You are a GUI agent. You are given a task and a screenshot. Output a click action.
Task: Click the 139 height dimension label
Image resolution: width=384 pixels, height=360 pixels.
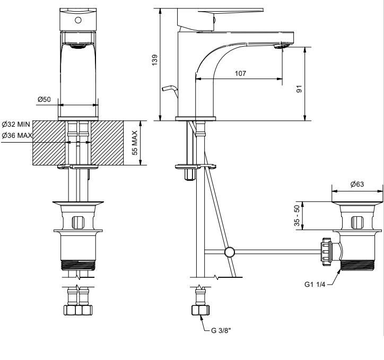[155, 60]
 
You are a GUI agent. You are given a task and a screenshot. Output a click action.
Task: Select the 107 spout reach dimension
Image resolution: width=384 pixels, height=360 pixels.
[240, 73]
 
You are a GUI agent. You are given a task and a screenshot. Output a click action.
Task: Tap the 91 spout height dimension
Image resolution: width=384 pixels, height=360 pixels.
[299, 89]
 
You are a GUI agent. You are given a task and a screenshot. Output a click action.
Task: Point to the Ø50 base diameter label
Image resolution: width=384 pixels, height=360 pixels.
[44, 99]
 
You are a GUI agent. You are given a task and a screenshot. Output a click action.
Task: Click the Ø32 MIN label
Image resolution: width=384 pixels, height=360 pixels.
[16, 124]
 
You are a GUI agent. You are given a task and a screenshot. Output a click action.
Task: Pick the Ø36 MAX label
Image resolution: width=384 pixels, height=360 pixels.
[17, 135]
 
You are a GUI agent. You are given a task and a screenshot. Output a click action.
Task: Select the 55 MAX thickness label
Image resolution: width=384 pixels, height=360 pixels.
[135, 143]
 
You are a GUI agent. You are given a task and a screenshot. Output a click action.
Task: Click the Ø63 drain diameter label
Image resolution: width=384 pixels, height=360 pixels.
[357, 184]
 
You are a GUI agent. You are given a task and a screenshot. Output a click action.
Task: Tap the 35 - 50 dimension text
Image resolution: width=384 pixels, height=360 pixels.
[296, 215]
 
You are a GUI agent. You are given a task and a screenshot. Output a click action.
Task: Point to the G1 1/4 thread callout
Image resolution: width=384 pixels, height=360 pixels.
[315, 284]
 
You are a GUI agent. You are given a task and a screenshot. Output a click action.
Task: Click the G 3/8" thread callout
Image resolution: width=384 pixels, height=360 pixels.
[221, 331]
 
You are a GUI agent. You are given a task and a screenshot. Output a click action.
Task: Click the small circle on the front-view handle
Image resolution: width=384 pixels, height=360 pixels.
[78, 20]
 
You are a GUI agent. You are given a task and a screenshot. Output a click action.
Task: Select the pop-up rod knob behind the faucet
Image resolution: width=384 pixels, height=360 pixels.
[169, 89]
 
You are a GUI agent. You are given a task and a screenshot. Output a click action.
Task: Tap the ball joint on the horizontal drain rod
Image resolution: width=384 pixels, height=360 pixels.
[230, 252]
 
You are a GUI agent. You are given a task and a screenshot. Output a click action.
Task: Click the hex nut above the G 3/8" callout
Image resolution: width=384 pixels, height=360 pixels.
[200, 310]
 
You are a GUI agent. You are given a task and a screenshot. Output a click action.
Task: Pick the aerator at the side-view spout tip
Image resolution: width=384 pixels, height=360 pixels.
[282, 46]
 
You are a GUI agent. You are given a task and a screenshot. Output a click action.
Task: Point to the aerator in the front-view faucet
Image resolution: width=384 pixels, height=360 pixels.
[77, 46]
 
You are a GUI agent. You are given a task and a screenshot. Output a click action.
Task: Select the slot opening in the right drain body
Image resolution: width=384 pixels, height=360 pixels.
[357, 223]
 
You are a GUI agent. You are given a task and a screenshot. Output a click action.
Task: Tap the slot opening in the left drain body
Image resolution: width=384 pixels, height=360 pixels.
[78, 223]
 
